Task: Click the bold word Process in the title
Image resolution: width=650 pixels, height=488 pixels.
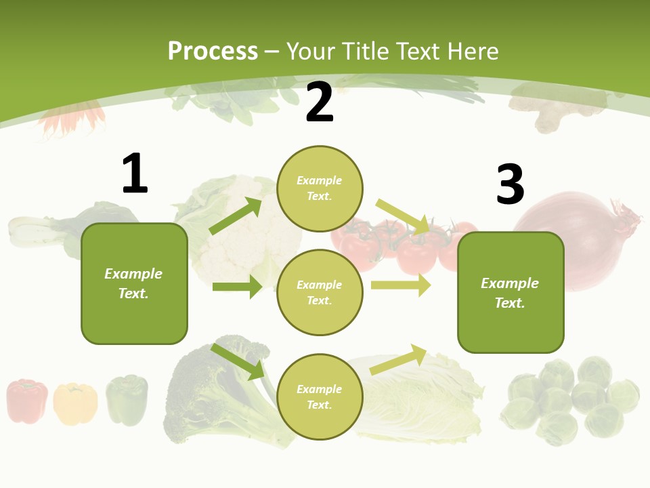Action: [213, 52]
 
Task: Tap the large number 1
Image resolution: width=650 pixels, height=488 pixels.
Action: [135, 174]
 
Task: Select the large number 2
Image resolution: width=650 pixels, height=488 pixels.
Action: [320, 102]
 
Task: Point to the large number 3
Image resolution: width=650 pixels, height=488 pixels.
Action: [510, 184]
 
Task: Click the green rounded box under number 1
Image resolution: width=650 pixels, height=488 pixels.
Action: [134, 283]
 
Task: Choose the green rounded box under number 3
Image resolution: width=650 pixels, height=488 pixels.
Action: [511, 292]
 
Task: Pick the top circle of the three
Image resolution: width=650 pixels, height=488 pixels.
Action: [320, 188]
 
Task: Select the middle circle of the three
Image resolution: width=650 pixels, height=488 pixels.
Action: [320, 292]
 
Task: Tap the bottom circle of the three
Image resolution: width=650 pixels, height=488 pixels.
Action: [320, 396]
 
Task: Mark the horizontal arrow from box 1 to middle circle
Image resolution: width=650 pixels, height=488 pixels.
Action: [237, 287]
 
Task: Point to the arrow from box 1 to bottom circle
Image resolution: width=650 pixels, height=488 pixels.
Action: [237, 361]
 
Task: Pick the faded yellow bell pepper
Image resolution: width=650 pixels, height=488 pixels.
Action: [75, 404]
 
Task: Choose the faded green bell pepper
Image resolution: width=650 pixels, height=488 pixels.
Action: [127, 400]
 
